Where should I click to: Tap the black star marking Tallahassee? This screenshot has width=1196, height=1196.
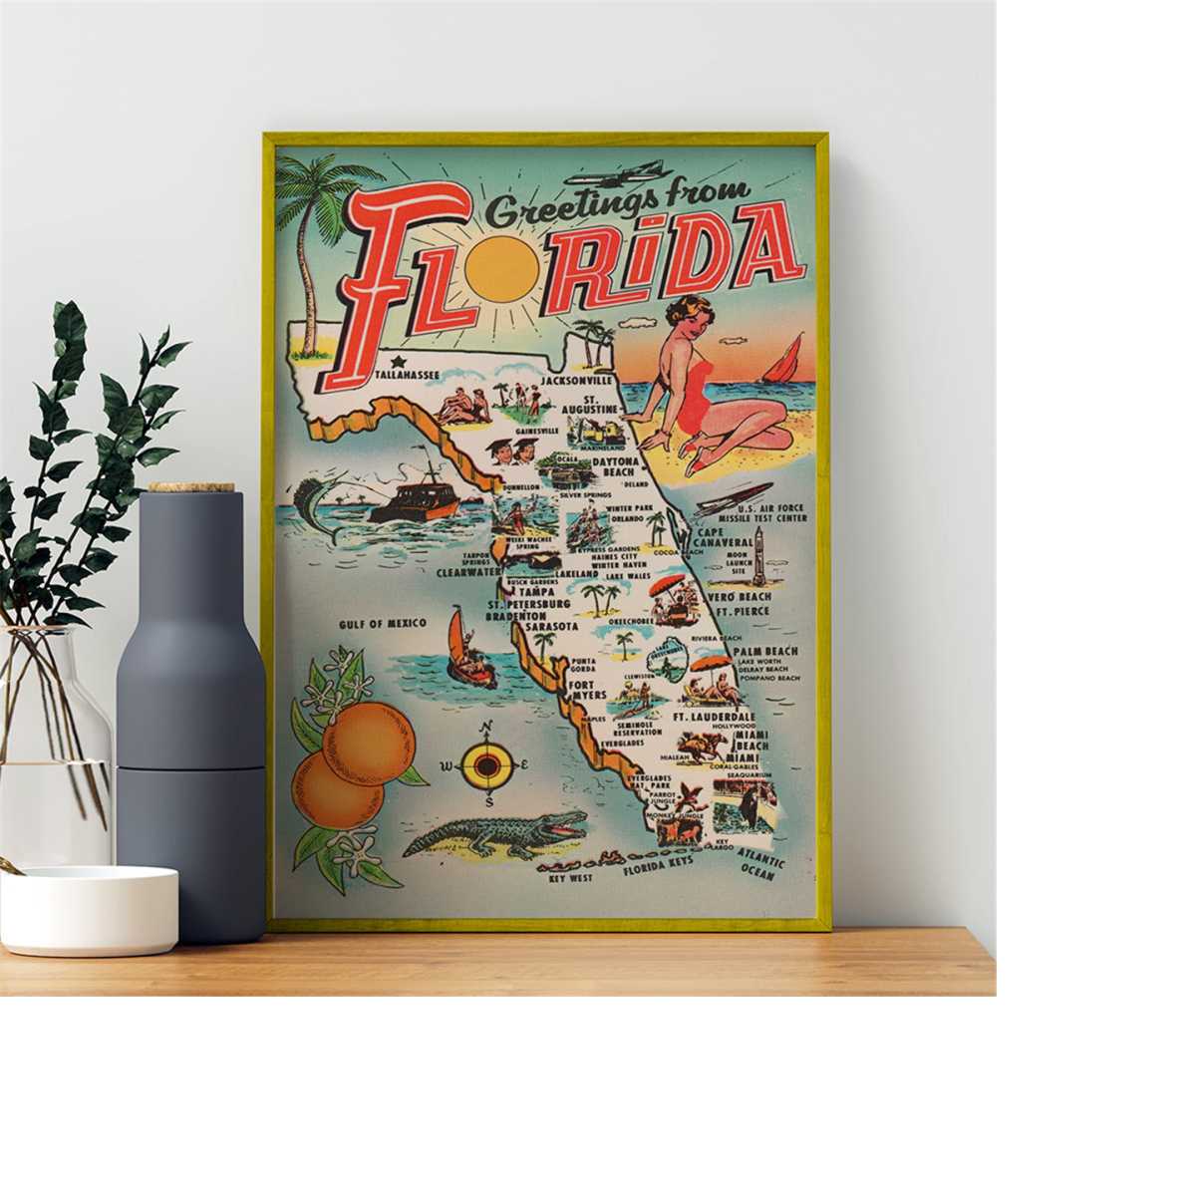coord(397,360)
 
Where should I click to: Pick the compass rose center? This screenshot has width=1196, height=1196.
coord(487,766)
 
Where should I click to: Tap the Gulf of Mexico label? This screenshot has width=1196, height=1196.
coord(382,623)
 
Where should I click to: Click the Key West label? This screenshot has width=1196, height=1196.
coord(570,878)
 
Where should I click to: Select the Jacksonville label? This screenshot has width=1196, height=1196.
coord(576,381)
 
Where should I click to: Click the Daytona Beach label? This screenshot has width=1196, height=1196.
coord(620,467)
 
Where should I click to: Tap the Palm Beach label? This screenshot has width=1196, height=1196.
coord(765,651)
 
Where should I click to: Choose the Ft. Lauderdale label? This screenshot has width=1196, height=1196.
coord(714,717)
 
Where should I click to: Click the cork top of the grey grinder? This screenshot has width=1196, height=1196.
coord(191,488)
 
